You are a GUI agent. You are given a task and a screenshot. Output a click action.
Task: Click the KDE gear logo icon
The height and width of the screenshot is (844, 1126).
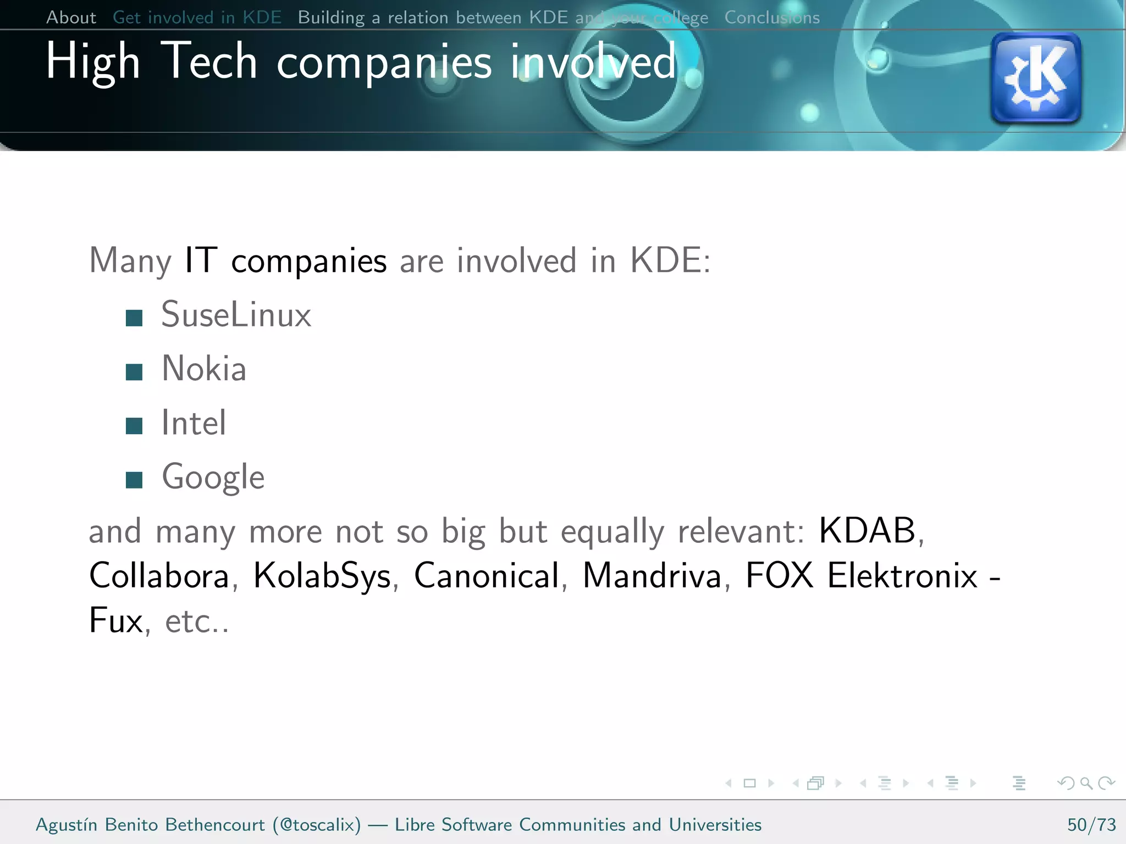[1036, 78]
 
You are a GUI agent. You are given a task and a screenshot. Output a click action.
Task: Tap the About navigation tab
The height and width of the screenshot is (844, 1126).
[71, 18]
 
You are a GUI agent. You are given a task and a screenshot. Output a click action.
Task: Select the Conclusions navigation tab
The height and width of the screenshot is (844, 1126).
[771, 18]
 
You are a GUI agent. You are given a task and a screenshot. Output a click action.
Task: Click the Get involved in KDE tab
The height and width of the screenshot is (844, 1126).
[197, 18]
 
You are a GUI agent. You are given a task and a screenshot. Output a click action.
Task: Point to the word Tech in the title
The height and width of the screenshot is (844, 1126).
[209, 62]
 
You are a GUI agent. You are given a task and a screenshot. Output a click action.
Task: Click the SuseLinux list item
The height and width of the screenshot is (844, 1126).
[236, 315]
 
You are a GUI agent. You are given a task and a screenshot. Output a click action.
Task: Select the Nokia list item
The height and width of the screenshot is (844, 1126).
[203, 369]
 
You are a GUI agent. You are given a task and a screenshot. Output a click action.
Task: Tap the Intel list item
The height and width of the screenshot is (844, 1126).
[194, 423]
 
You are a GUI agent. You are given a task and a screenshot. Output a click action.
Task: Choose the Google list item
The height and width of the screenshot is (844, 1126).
[213, 477]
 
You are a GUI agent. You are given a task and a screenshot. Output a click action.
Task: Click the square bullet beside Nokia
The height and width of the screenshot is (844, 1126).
[134, 373]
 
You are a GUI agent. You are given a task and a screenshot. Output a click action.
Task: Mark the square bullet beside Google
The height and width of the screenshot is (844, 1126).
[134, 480]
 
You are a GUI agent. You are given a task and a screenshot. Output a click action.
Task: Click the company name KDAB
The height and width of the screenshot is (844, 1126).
[867, 531]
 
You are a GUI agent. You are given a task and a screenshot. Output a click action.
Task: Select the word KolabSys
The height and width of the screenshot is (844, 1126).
[322, 576]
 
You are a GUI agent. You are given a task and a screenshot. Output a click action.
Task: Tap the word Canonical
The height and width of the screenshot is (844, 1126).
[487, 576]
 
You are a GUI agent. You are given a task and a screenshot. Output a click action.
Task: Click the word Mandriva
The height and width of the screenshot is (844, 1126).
[652, 576]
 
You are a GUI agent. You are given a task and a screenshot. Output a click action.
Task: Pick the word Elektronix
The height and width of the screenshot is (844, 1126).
[902, 576]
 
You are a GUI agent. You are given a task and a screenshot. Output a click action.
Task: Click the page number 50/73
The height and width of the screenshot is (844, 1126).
[1091, 825]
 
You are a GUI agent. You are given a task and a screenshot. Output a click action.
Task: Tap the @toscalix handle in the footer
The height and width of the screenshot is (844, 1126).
[317, 825]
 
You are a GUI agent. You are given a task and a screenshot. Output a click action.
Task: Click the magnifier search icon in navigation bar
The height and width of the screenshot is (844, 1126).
[1086, 783]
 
